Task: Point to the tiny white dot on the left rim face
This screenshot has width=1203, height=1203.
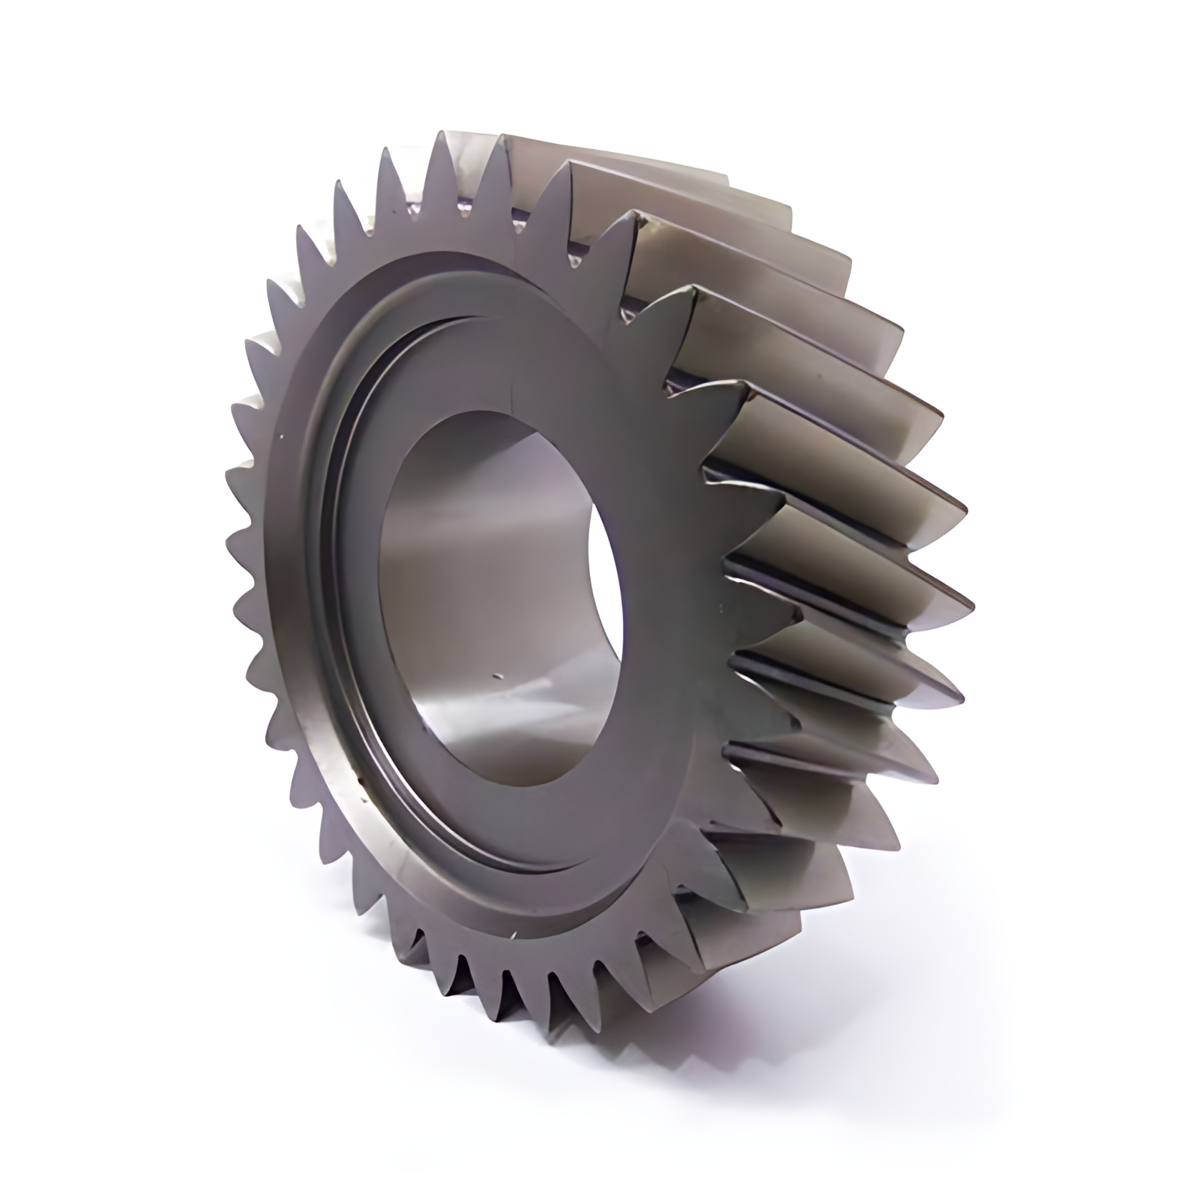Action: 283,435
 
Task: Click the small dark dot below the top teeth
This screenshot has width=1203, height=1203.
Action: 574,264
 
